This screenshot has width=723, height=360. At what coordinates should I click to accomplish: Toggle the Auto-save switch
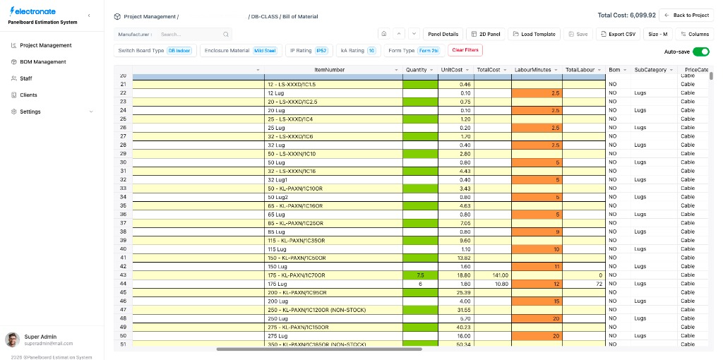coord(700,52)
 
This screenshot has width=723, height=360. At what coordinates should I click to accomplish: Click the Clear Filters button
coord(465,50)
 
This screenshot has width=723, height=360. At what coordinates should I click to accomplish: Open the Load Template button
coord(534,34)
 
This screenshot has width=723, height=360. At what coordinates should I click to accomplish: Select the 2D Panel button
coord(486,34)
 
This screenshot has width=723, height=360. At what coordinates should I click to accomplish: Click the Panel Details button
coord(443,34)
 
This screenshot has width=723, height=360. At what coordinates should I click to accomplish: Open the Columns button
coord(694,34)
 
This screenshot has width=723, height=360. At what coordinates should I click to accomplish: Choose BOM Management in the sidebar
coord(42,62)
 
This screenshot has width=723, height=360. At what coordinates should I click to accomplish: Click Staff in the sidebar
coord(25,78)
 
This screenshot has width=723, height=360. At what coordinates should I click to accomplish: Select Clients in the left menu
coord(28,95)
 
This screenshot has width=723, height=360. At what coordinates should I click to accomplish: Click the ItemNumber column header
coord(330,70)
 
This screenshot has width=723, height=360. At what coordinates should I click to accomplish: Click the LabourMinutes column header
coord(533,70)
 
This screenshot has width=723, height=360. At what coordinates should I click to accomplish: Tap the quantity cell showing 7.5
coord(420,275)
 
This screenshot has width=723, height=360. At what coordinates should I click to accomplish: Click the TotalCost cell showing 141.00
coord(492,275)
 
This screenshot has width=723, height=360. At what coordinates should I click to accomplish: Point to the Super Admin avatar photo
coord(12,340)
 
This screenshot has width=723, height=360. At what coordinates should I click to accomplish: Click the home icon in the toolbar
coord(383,34)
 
